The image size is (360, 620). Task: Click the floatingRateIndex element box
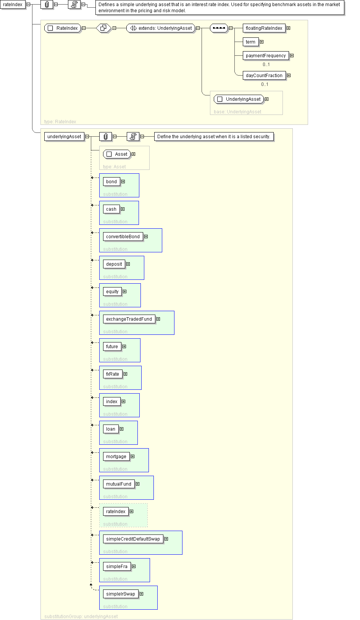264,28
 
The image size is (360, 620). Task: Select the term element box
250,42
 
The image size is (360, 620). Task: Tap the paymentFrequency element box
266,56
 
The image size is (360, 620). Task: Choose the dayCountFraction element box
264,76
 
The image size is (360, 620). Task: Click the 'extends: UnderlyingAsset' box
161,28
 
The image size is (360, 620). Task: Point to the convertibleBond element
123,237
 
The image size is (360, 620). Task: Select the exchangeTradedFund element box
129,319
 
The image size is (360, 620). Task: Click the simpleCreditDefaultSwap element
133,539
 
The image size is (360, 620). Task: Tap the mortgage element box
116,457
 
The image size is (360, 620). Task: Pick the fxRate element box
113,374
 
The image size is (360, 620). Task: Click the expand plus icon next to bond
123,182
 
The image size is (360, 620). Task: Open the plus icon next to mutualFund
137,484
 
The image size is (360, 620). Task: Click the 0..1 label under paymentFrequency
266,65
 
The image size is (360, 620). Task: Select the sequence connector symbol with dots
219,28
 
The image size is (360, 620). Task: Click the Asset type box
117,154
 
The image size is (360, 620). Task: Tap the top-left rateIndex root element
13,5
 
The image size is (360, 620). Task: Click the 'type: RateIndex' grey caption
60,121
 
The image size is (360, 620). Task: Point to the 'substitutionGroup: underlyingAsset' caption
81,617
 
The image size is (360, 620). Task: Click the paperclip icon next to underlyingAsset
106,136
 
